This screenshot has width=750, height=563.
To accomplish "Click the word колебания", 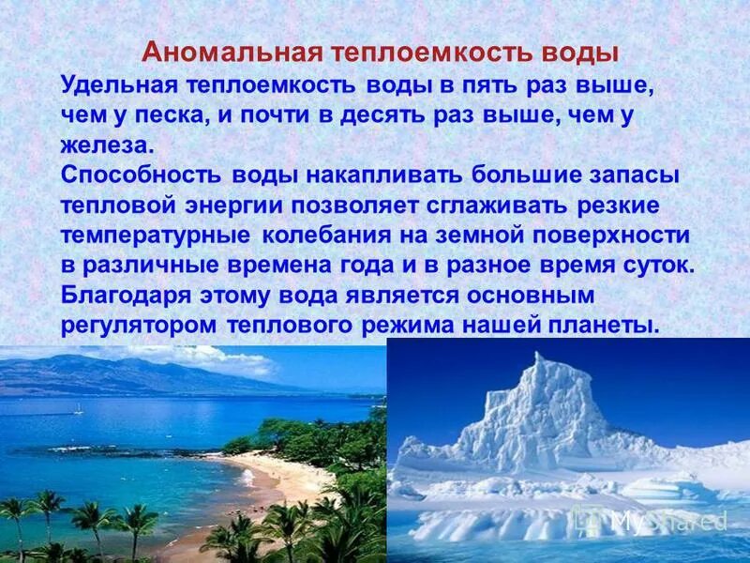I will coord(327,236).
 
